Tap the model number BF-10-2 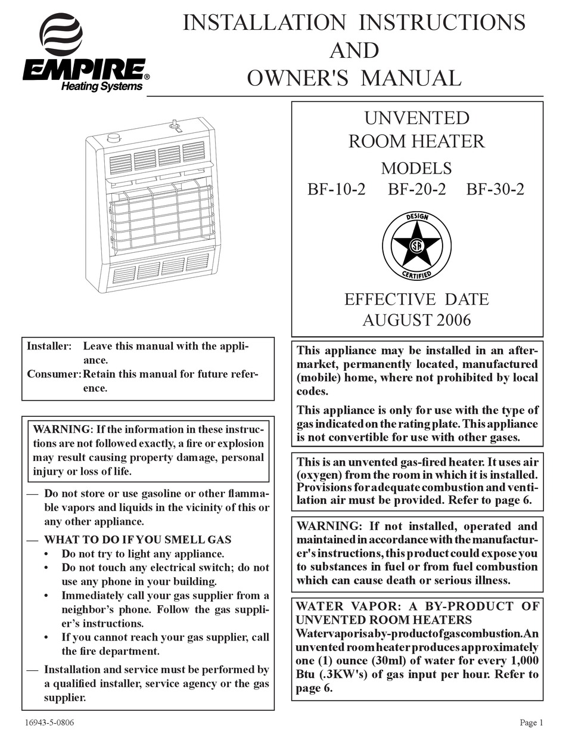coord(337,190)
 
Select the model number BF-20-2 coord(416,190)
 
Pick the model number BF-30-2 coord(496,190)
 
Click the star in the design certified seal coord(416,245)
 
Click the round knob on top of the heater coord(113,138)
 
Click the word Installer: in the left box coord(49,346)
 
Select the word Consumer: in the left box coord(54,374)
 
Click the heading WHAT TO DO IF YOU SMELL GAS coord(137,540)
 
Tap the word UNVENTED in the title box coord(416,117)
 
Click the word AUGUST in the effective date coord(390,320)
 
